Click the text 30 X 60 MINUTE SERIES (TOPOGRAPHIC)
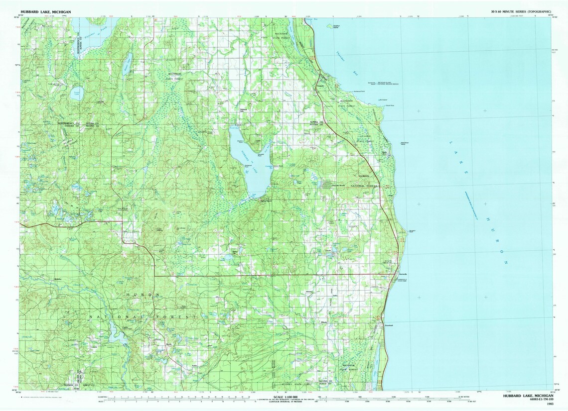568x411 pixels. click(x=521, y=11)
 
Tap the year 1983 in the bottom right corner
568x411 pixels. click(x=550, y=404)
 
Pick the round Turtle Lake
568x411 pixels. click(x=77, y=94)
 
